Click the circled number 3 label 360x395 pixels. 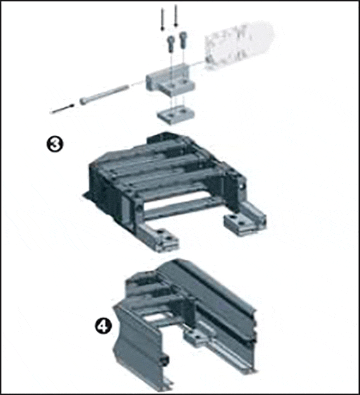tap(55, 143)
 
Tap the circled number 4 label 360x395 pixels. tap(103, 327)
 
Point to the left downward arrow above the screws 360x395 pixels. tap(162, 20)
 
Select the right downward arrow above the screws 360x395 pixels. tap(176, 16)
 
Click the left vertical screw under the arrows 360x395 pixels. tap(171, 44)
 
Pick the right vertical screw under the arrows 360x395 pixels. tap(183, 40)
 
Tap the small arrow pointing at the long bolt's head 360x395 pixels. tap(62, 109)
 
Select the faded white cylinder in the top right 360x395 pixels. tap(239, 46)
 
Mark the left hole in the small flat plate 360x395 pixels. tap(171, 115)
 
